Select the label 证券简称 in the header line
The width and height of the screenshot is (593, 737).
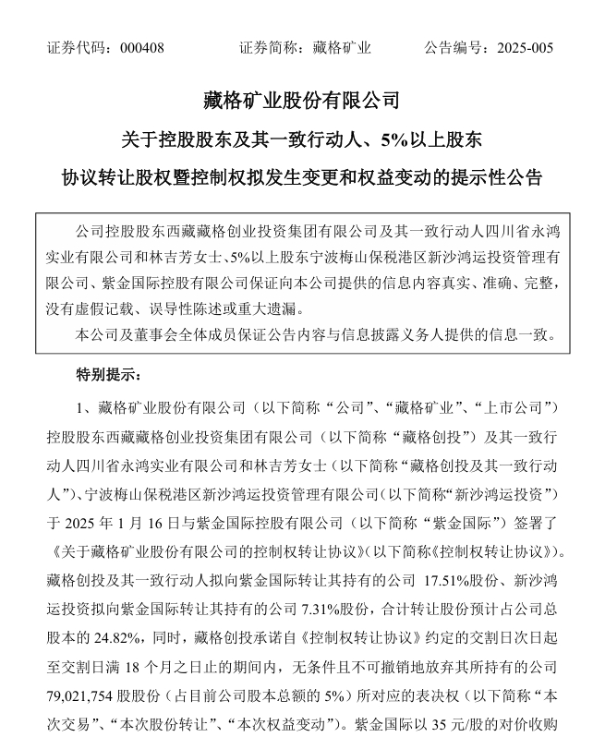[x=269, y=47]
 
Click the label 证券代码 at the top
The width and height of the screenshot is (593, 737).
[x=79, y=47]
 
